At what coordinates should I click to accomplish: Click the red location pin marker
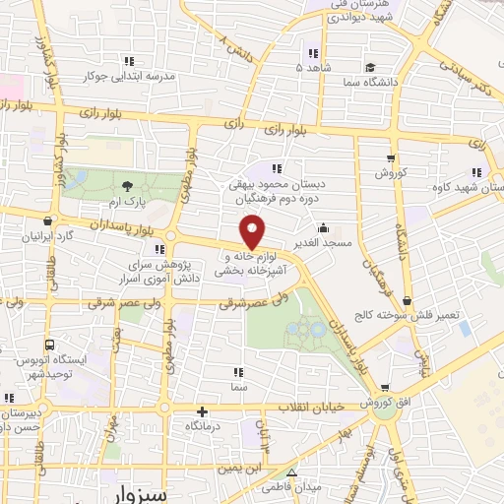254,234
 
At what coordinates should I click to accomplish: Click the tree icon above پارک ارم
126,185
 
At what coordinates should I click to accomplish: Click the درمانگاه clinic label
203,428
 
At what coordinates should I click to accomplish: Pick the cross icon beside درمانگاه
202,412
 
